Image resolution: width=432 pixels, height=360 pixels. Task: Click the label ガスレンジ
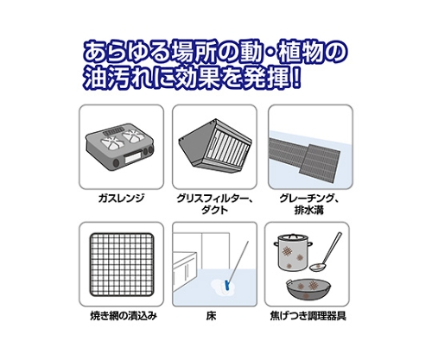click(121, 199)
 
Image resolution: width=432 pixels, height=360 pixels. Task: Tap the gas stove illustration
click(120, 148)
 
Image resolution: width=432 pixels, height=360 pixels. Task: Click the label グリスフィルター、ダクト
click(214, 204)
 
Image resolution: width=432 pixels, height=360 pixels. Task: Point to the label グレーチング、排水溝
click(309, 204)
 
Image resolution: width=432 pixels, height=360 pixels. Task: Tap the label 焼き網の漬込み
click(124, 316)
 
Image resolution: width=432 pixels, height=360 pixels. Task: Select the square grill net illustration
click(122, 264)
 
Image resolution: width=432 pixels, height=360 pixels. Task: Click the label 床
click(212, 316)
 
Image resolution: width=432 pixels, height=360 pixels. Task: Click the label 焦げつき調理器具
click(308, 316)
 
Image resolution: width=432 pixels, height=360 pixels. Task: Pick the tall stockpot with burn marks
click(293, 251)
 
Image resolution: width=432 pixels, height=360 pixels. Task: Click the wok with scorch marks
click(308, 289)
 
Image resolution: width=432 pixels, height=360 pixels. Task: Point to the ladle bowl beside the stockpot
click(317, 268)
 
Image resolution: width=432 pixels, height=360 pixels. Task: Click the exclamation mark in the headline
click(295, 77)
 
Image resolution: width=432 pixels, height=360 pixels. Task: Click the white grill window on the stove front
click(133, 158)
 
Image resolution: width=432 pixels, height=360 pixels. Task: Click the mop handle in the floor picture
click(238, 261)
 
